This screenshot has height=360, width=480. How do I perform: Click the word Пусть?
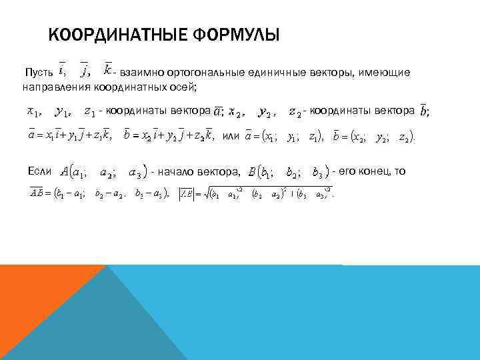tap(37, 72)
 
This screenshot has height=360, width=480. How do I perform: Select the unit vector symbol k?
tap(107, 69)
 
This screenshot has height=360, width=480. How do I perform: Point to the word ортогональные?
tap(201, 72)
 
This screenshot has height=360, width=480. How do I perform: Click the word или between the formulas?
tap(230, 136)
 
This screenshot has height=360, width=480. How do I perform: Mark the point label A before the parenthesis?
tap(64, 172)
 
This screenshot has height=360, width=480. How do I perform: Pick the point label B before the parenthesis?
tap(251, 173)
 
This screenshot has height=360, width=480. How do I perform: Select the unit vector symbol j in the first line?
tap(85, 69)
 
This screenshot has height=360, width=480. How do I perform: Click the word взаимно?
tap(142, 72)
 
